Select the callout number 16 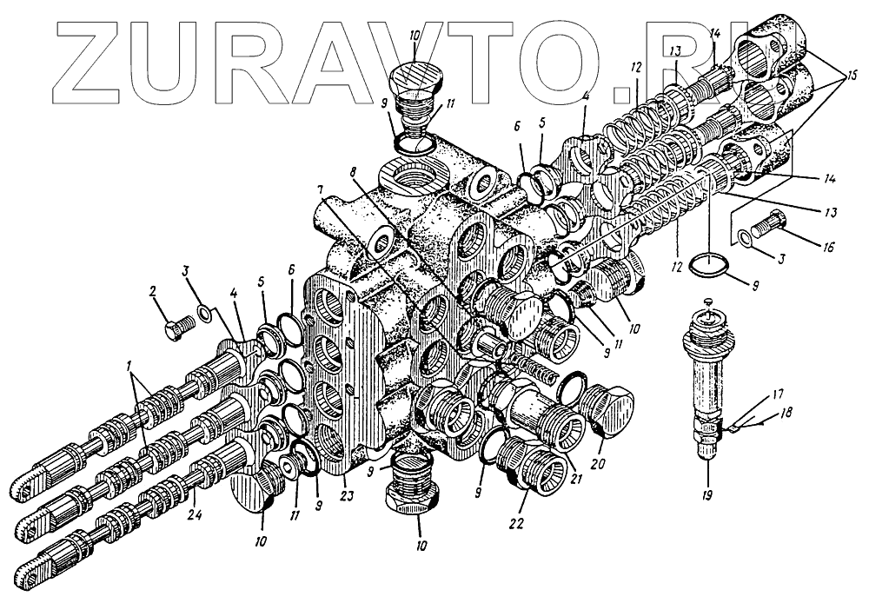(828, 248)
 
